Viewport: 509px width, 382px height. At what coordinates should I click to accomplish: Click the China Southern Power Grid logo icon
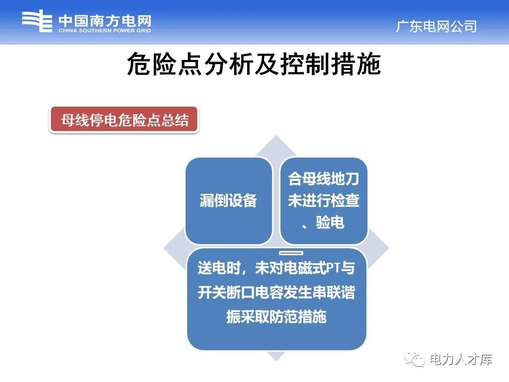pos(38,23)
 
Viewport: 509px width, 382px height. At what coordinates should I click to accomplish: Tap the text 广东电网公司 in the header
pos(436,27)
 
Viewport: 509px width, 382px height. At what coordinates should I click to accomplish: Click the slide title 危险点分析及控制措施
pos(254,66)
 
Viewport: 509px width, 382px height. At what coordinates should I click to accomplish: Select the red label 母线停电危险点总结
pos(125,120)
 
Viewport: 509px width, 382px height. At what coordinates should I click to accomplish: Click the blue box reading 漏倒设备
pos(229,201)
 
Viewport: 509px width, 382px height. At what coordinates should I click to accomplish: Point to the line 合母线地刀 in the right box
pos(323,179)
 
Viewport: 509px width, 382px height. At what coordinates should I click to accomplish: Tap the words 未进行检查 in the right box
pos(323,201)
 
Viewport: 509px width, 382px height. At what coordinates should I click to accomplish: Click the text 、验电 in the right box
pos(323,223)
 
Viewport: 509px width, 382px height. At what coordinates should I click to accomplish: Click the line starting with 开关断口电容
pos(276,293)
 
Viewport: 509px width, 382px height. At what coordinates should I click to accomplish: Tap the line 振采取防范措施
pos(276,317)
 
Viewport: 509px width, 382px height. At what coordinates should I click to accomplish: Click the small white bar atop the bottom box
pos(291,253)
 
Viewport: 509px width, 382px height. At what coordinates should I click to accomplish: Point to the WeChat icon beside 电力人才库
pos(416,360)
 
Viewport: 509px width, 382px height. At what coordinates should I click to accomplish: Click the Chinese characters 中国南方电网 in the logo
pos(105,21)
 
